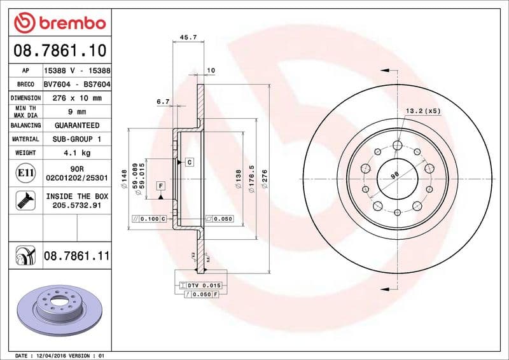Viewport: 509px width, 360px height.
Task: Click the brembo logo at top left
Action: (x=59, y=22)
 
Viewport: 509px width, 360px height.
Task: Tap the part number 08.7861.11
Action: (x=76, y=256)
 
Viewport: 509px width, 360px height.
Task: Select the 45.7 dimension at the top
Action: (x=188, y=38)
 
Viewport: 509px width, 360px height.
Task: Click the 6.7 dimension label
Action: (x=163, y=101)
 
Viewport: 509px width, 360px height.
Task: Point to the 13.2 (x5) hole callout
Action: (x=423, y=111)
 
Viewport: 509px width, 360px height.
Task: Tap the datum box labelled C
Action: (x=190, y=162)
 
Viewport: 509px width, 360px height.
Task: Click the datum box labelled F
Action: (x=160, y=186)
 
